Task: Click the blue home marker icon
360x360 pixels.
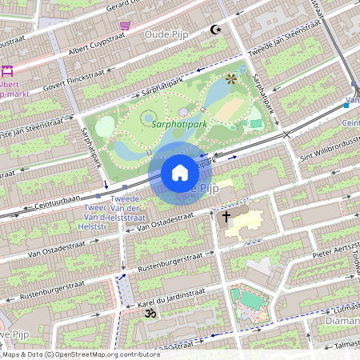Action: click(180, 173)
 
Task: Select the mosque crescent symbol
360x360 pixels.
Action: click(214, 30)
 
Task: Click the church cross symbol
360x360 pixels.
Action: click(226, 216)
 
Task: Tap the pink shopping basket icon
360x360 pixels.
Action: click(125, 26)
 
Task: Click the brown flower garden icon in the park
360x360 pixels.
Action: click(231, 78)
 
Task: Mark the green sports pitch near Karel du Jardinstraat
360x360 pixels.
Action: click(251, 299)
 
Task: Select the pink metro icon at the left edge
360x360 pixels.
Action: click(7, 71)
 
